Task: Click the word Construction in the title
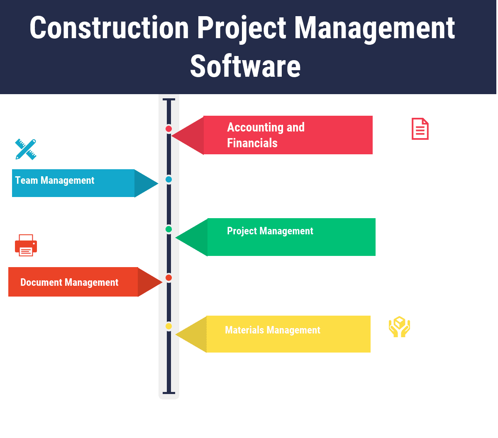[109, 28]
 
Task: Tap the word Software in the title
[245, 66]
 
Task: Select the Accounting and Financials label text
[266, 135]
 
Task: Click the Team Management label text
[55, 180]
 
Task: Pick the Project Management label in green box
[270, 231]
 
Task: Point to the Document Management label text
[69, 282]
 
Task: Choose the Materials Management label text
[272, 330]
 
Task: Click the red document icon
[420, 129]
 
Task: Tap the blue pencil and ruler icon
[26, 149]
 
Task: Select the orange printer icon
[26, 245]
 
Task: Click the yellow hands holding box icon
[399, 327]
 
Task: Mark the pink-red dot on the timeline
[168, 129]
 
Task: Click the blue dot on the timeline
[168, 180]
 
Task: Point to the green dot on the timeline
[168, 229]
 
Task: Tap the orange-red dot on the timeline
[168, 277]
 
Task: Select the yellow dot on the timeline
[168, 326]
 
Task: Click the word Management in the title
[374, 28]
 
